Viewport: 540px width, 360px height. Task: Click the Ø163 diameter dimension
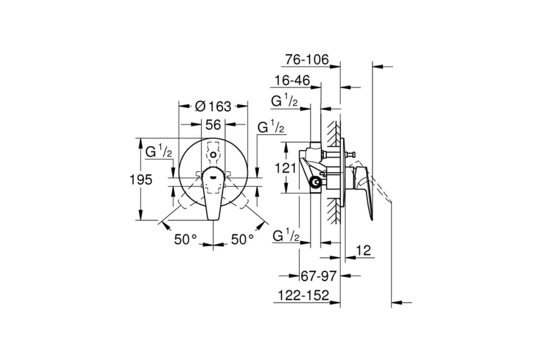[x=213, y=106]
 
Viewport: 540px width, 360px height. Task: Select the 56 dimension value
[x=213, y=125]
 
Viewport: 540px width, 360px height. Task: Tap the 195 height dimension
[x=141, y=179]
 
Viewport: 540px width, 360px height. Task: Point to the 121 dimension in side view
[x=285, y=168]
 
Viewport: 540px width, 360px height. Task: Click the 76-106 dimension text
[x=307, y=60]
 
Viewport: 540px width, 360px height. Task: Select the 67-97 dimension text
[x=318, y=276]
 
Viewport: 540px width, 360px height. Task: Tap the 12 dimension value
[x=364, y=250]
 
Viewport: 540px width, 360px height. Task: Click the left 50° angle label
[x=185, y=239]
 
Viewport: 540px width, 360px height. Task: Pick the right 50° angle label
[x=242, y=239]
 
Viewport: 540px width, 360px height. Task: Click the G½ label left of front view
[x=159, y=152]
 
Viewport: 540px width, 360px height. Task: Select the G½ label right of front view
[x=271, y=127]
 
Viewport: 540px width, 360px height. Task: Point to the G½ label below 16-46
[x=285, y=101]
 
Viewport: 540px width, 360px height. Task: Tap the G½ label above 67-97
[x=286, y=236]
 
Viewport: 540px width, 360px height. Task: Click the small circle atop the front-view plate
[x=213, y=155]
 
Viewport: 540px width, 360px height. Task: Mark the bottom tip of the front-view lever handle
[x=213, y=219]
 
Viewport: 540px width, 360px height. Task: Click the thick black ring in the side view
[x=316, y=182]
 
